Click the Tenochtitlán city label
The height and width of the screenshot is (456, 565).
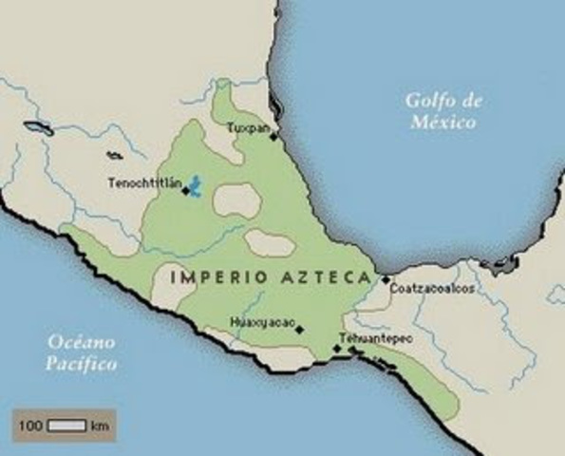point(142,182)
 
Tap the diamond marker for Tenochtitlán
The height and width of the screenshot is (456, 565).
point(185,190)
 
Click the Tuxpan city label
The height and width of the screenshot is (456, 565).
point(245,125)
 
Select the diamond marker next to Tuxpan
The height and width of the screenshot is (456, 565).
point(273,137)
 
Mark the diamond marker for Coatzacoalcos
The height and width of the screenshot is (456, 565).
point(386,279)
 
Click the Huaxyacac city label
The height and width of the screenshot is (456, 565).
point(260,322)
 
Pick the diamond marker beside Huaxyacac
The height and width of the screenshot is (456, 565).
point(299,331)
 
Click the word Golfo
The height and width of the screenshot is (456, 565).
point(424,102)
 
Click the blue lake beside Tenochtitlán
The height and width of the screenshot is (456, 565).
point(196,185)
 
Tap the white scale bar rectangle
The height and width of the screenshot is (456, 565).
point(66,426)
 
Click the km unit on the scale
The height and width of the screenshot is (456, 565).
point(100,426)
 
